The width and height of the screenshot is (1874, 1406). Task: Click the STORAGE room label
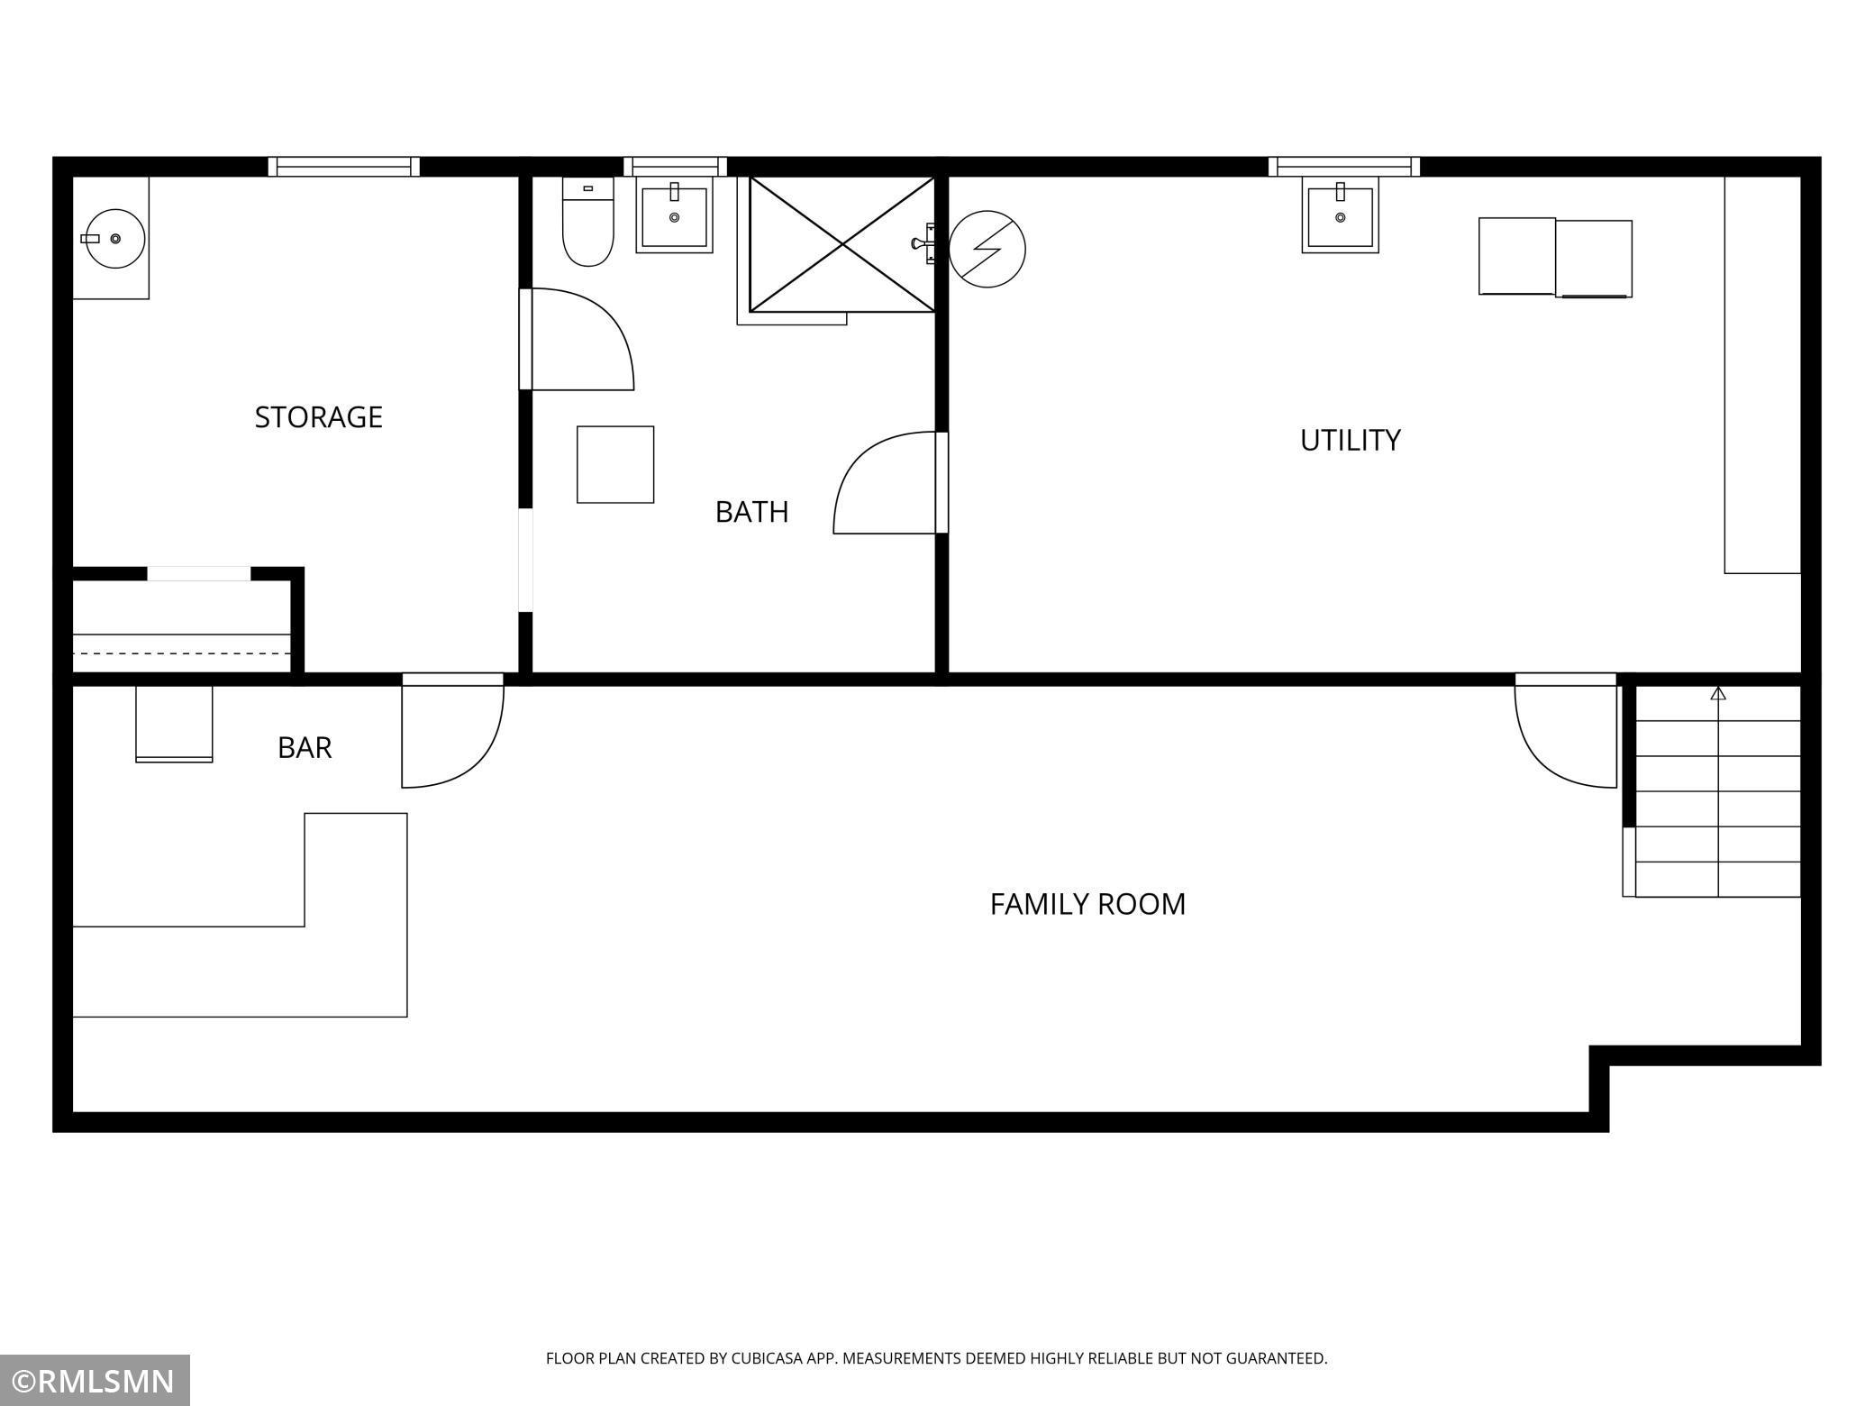(x=319, y=417)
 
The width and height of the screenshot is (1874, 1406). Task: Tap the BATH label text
(x=752, y=512)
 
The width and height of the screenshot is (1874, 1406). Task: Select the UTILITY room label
(x=1351, y=440)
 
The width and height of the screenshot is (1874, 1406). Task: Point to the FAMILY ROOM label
(x=1088, y=904)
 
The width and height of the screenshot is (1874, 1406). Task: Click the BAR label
(x=305, y=748)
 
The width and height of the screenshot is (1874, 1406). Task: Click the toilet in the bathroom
(x=588, y=222)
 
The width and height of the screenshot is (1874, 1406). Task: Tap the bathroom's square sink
(x=675, y=215)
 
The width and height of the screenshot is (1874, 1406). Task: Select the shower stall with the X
(x=842, y=244)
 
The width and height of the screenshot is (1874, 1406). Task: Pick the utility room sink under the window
(x=1341, y=215)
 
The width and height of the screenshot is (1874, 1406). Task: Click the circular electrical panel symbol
(x=987, y=250)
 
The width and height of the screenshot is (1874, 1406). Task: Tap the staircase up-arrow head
(x=1718, y=693)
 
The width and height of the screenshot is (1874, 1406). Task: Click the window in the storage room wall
(x=344, y=167)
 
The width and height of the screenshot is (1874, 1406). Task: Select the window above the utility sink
(x=1344, y=167)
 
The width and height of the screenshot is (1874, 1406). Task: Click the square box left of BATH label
(x=615, y=464)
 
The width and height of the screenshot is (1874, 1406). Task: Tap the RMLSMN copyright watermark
(x=95, y=1382)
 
